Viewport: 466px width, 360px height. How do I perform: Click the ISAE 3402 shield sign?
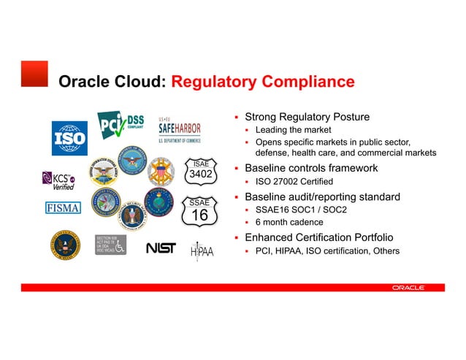click(200, 171)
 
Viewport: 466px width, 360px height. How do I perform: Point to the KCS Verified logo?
click(58, 180)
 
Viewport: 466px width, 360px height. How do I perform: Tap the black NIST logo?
click(161, 248)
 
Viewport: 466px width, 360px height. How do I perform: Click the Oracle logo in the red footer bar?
click(408, 288)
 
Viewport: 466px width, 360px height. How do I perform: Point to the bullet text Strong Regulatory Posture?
click(307, 117)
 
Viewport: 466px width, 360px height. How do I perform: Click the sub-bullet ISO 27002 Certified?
click(294, 181)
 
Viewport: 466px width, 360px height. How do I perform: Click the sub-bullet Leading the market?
click(293, 130)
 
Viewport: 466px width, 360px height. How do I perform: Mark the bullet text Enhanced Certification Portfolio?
click(318, 238)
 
